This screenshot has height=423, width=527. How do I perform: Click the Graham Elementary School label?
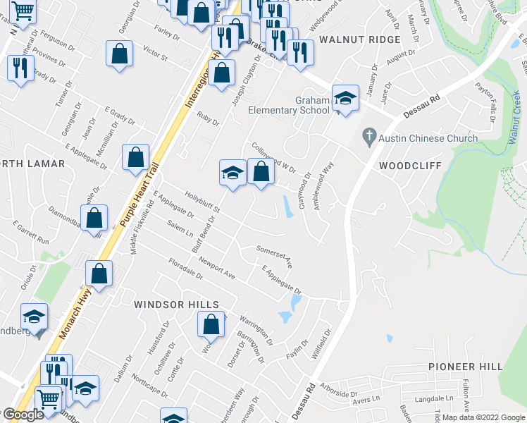click(289, 105)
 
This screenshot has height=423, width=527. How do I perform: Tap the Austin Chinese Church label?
click(428, 138)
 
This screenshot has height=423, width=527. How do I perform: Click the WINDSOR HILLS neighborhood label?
click(177, 304)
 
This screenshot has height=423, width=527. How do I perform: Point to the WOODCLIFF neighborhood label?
click(410, 166)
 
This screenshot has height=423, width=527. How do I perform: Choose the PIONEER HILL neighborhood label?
click(466, 367)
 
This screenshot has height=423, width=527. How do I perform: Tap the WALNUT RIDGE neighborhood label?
click(359, 39)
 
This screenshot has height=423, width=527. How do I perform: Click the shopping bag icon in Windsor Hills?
click(211, 325)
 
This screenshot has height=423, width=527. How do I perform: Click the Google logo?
click(23, 415)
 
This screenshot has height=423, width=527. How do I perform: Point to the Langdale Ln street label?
click(440, 400)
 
